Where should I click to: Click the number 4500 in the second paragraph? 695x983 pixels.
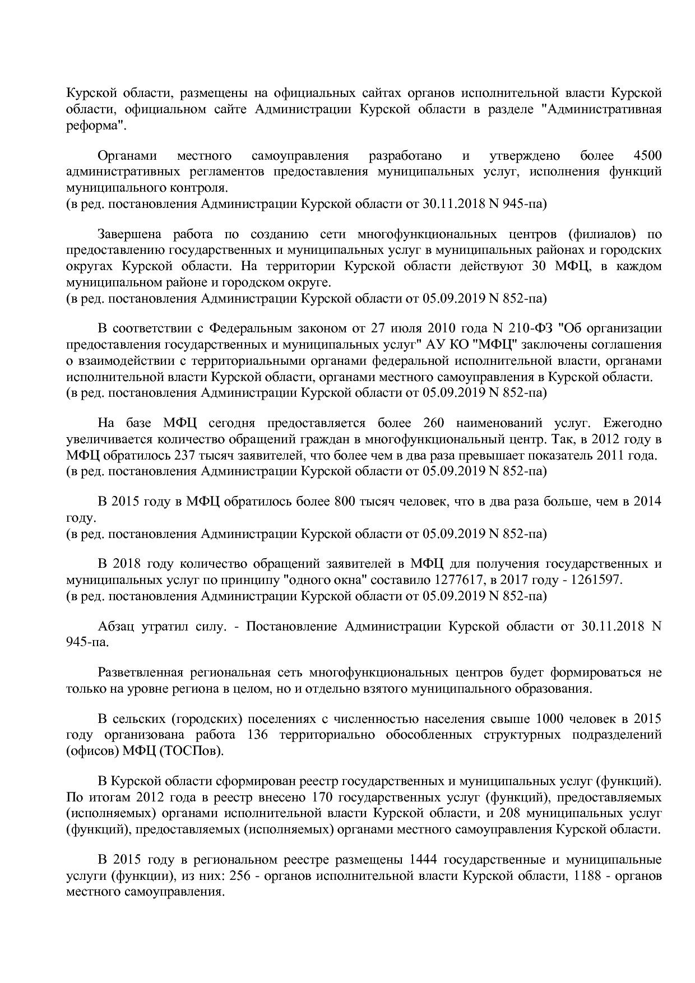pos(646,156)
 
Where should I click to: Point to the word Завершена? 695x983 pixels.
pos(129,234)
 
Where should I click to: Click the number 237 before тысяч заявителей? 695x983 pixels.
pos(186,455)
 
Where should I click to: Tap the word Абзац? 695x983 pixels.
pos(116,626)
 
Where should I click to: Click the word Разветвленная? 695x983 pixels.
pos(141,672)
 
